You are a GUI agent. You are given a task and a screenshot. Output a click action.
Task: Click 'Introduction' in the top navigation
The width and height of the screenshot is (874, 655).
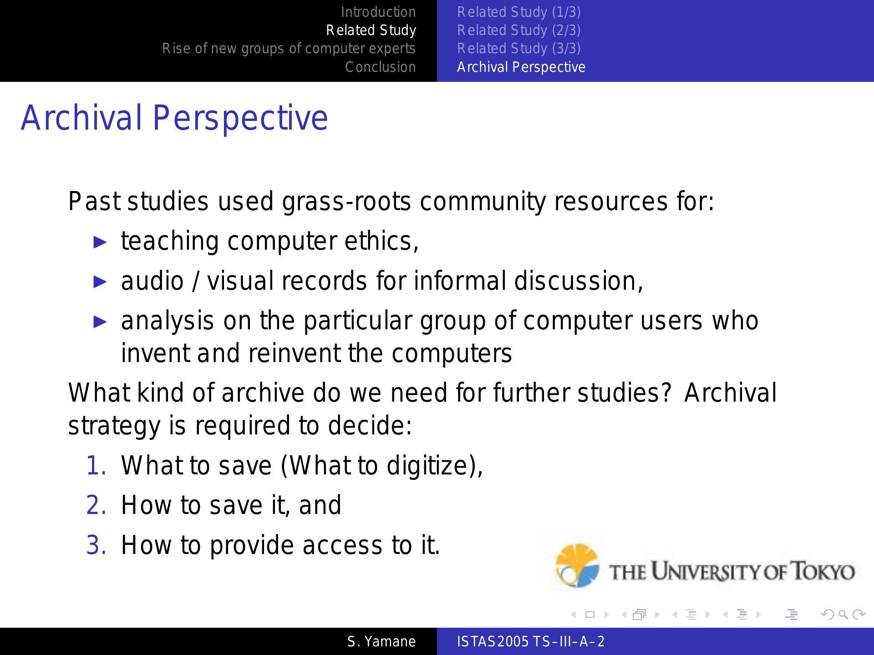coord(378,12)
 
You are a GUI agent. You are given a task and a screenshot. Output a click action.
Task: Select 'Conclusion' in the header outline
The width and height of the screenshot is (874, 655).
coord(381,67)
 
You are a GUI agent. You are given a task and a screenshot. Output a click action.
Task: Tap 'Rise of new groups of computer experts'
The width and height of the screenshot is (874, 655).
coord(289,49)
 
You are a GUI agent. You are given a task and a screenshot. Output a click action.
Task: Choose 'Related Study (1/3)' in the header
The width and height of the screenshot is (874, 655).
coord(519,12)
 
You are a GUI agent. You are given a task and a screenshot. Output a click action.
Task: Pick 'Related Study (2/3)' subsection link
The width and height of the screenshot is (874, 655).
coord(519,30)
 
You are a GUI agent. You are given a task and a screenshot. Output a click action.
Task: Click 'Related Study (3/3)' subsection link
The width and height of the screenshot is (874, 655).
coord(519,49)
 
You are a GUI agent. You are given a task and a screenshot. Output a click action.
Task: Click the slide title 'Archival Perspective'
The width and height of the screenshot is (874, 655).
coord(174,118)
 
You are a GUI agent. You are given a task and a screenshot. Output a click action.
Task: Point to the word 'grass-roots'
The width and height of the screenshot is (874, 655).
coord(346,202)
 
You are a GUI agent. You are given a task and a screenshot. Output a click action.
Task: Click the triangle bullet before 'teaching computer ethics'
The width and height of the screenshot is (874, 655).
coord(100,242)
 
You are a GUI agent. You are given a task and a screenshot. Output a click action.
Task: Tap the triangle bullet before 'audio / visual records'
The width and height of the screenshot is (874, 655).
coord(100,282)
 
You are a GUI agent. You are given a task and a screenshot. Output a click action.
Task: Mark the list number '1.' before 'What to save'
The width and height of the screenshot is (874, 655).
coord(97,466)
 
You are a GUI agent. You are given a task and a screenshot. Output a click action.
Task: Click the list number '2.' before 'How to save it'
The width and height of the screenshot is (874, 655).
coord(97,505)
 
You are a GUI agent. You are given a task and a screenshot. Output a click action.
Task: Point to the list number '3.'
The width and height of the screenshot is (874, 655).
coord(97,545)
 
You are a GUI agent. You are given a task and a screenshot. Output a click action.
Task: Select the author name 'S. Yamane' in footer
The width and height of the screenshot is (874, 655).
coord(381,642)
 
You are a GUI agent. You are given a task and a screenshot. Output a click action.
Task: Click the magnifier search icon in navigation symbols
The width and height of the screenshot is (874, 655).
coord(844,615)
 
